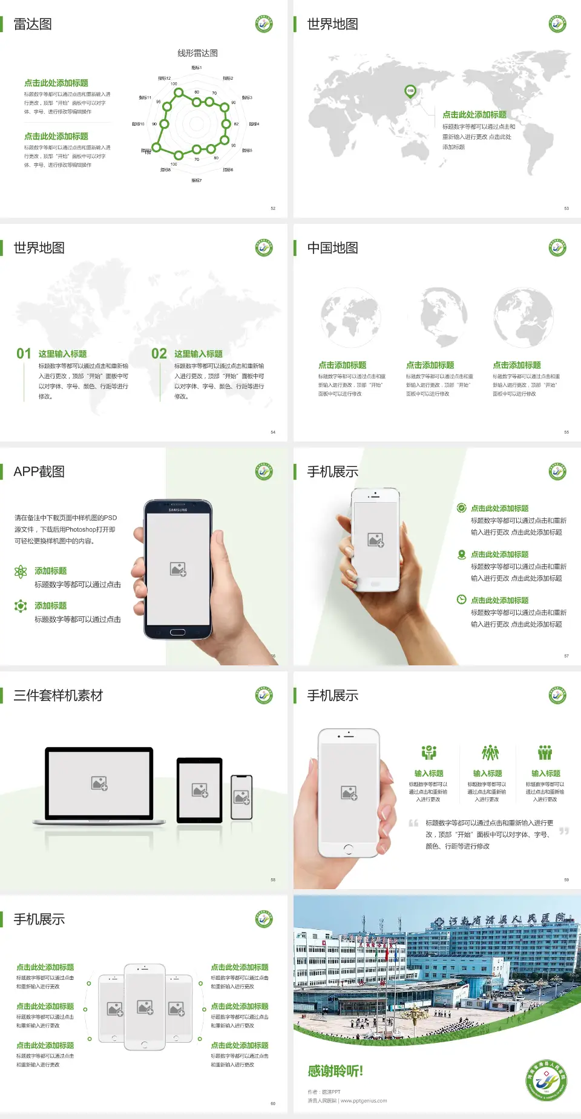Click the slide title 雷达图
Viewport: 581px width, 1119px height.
[x=33, y=24]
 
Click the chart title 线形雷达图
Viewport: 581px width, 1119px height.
[x=197, y=53]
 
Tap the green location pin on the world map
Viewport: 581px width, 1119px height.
[x=410, y=91]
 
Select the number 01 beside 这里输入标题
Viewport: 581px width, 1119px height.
[x=24, y=354]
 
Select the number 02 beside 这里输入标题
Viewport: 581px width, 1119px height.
[x=159, y=354]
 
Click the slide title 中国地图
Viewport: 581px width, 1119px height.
[x=332, y=248]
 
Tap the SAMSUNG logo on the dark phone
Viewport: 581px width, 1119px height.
[x=178, y=510]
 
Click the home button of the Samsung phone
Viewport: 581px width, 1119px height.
[x=177, y=632]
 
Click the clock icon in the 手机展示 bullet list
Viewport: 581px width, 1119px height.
[x=461, y=599]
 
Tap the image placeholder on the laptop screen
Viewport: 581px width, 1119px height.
[x=99, y=783]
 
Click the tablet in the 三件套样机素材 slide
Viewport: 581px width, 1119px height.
[x=199, y=789]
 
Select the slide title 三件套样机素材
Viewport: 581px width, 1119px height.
[x=58, y=696]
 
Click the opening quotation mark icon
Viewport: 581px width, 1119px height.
[x=413, y=823]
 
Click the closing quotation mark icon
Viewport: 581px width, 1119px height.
[x=563, y=831]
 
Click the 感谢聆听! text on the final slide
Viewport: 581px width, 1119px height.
[x=335, y=1071]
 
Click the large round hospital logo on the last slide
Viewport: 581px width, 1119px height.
[x=546, y=1080]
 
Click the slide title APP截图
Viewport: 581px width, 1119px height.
[x=39, y=472]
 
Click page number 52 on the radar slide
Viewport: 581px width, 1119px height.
[x=273, y=208]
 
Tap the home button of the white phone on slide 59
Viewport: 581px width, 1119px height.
[x=348, y=849]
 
